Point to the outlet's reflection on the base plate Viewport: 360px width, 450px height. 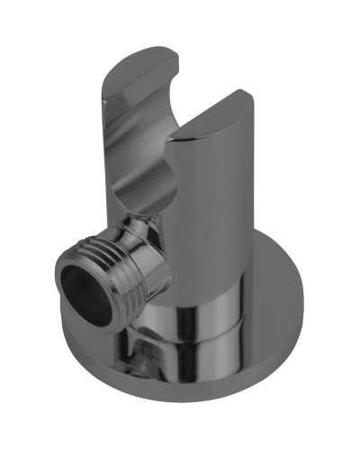pyautogui.click(x=144, y=364)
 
